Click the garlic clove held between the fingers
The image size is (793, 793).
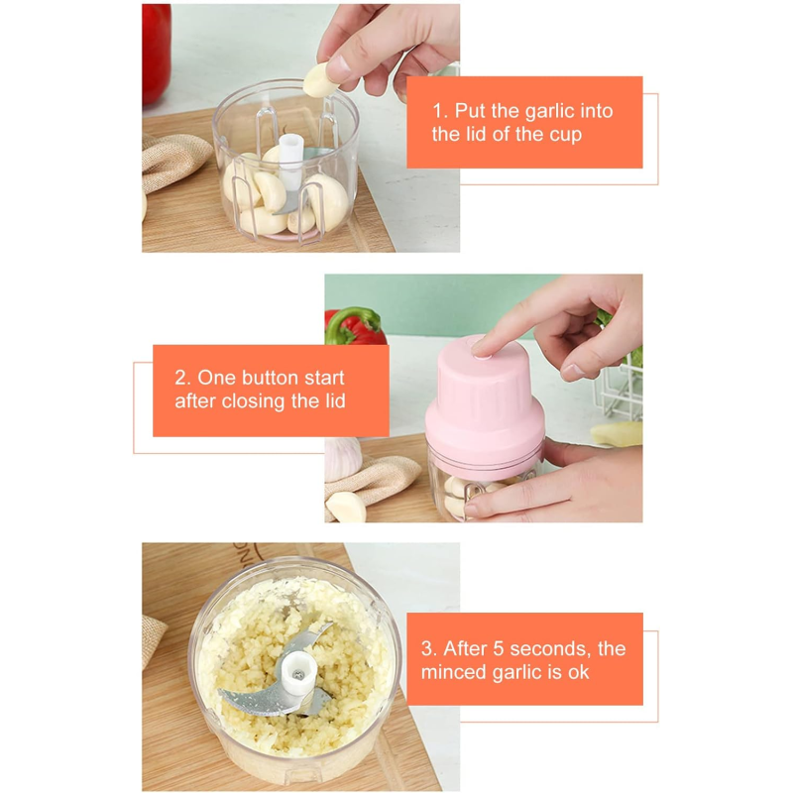point(319,81)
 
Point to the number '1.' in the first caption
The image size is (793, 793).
point(440,111)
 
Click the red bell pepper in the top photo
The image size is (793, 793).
point(156,54)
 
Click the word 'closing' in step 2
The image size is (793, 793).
point(254,401)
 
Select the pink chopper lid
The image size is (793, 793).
point(484,404)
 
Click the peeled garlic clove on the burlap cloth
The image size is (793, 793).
point(346,507)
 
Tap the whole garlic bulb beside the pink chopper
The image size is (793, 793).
point(342,459)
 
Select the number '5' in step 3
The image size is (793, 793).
point(498,649)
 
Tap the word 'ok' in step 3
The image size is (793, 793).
point(579,673)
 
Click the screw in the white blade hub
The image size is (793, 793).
point(298,675)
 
